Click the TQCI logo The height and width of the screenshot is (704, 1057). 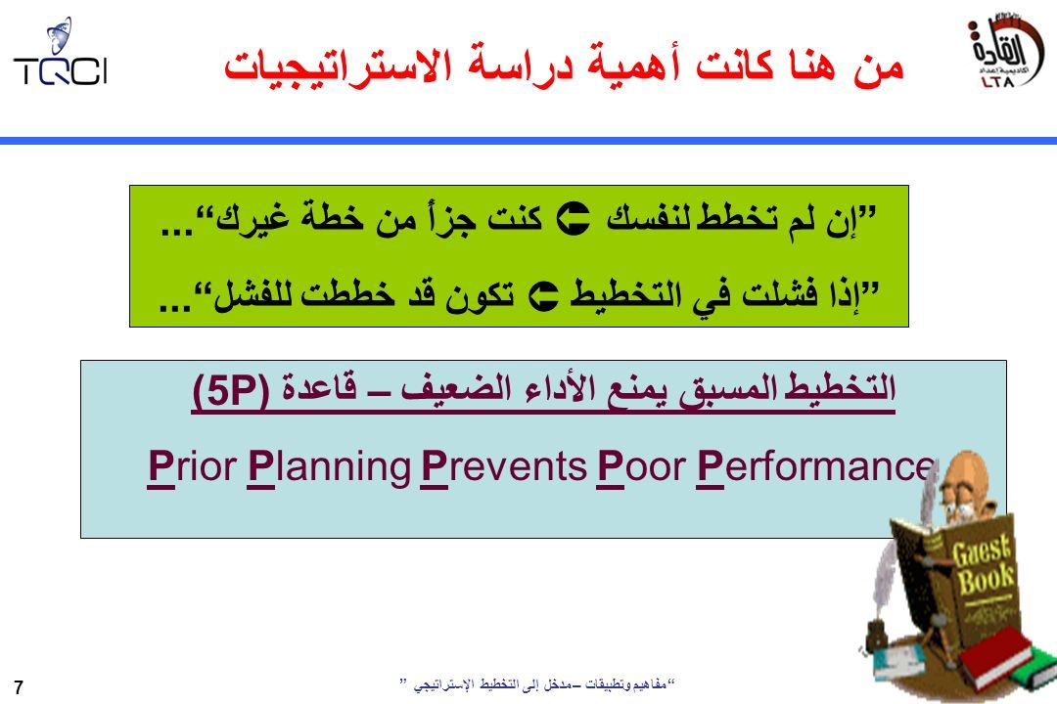pyautogui.click(x=60, y=53)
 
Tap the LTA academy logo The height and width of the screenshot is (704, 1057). pyautogui.click(x=1004, y=51)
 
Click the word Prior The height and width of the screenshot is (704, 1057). pyautogui.click(x=192, y=466)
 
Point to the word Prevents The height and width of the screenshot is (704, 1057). pyautogui.click(x=504, y=466)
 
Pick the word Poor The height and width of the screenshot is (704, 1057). pyautogui.click(x=641, y=466)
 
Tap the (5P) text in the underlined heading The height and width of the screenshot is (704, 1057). pyautogui.click(x=231, y=390)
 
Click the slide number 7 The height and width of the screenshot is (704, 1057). pyautogui.click(x=19, y=687)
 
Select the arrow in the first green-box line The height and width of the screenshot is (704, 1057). pyautogui.click(x=573, y=218)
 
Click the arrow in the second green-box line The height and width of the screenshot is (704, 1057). pyautogui.click(x=543, y=296)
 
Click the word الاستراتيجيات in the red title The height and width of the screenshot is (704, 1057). pyautogui.click(x=337, y=67)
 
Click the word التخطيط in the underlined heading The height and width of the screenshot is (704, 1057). pyautogui.click(x=840, y=388)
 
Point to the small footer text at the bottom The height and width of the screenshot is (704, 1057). pyautogui.click(x=538, y=685)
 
